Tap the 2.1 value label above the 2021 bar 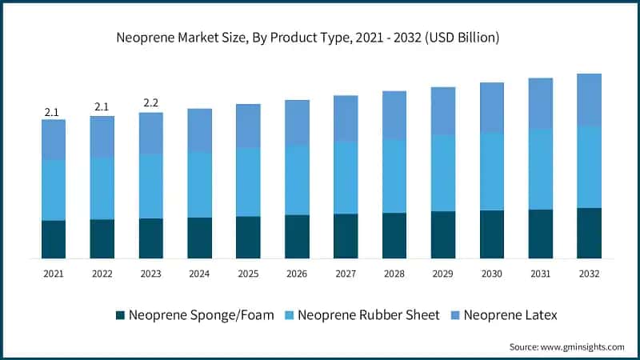pos(52,113)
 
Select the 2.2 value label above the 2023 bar pos(150,103)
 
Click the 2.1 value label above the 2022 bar pos(102,106)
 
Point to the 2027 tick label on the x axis pos(346,274)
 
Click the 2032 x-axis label pos(589,274)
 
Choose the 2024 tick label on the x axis pos(199,274)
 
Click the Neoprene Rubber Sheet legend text pos(368,315)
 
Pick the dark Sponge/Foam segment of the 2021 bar pos(54,239)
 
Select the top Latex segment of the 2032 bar pos(589,100)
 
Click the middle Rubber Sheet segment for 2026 pos(297,180)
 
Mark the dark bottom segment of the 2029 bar pos(443,234)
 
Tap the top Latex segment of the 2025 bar pos(248,126)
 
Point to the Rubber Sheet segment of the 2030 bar pos(492,171)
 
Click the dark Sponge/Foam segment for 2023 pos(150,238)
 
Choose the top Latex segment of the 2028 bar pos(394,115)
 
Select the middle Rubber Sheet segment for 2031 pos(541,169)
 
